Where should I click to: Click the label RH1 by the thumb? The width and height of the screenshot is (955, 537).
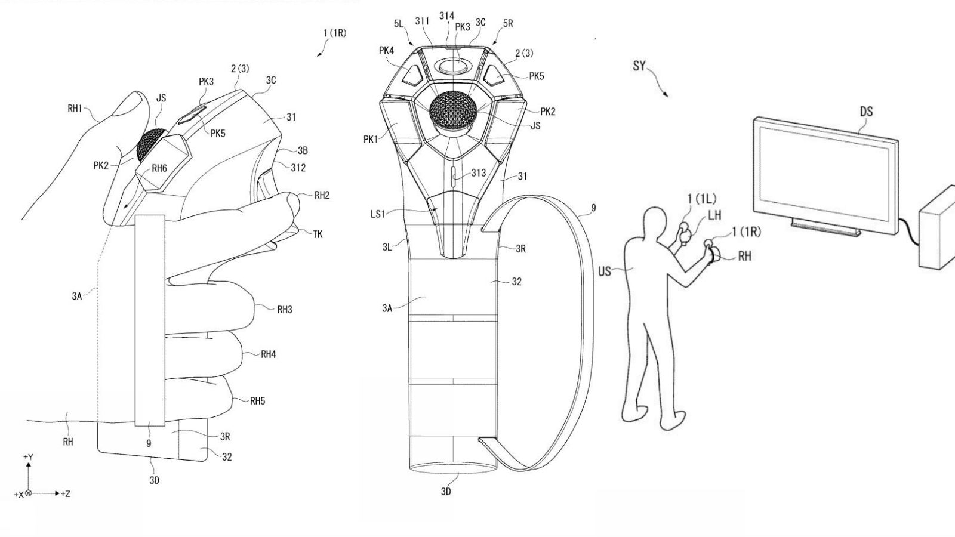point(75,109)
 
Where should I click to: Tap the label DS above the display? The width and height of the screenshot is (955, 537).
point(865,112)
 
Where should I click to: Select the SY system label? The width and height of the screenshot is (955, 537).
point(639,66)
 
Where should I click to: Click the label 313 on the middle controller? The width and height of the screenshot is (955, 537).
point(478,173)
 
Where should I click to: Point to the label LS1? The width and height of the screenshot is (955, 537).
point(378,213)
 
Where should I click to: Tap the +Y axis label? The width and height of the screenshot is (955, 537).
point(27,457)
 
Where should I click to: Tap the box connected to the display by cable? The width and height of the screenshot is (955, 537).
point(938,228)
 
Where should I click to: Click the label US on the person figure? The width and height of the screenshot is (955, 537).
point(605,271)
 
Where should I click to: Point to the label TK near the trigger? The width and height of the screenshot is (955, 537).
point(317,234)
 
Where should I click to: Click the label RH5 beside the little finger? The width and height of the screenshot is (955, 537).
point(257,401)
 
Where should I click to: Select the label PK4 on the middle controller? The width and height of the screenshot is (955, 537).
point(386,51)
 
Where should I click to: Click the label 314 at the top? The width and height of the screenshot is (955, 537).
point(446,16)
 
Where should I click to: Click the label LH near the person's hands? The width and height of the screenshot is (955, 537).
point(714,215)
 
